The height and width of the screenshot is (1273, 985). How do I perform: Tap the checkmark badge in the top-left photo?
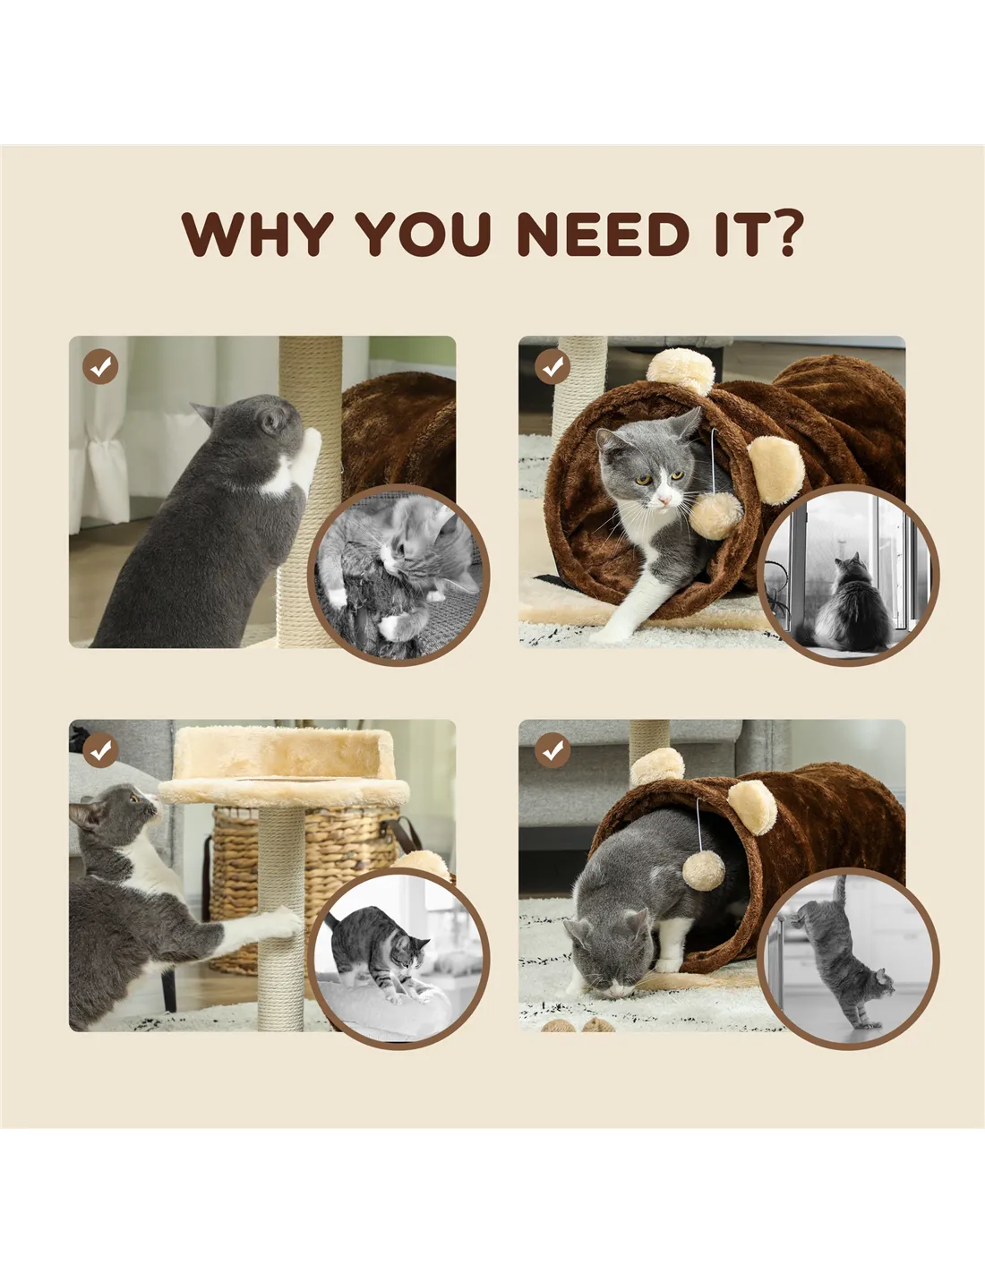coord(100,367)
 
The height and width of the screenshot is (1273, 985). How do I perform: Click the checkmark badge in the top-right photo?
coord(552,367)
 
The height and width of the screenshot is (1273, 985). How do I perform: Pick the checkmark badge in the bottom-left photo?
coord(100,750)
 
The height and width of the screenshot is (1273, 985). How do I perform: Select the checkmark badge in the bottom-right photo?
coord(552,750)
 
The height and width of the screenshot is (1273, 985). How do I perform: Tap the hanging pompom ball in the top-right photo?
coord(715,516)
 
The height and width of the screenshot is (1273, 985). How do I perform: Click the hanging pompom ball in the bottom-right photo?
coord(703,870)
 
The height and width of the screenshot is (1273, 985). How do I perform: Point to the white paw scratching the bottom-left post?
coord(281,922)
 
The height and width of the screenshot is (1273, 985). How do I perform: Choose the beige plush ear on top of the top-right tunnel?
coord(681,371)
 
